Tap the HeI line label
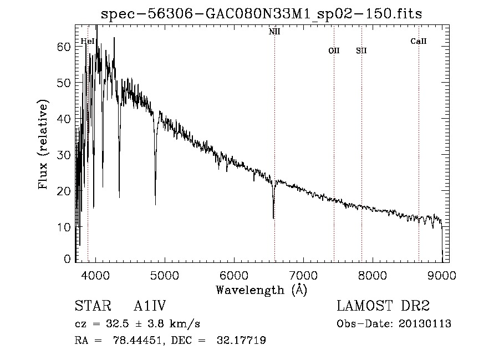[x=87, y=41]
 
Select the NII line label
[x=274, y=32]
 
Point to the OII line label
[x=334, y=50]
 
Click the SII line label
[x=361, y=50]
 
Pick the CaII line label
[x=419, y=41]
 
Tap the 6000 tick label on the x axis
[x=233, y=275]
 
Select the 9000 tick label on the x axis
[x=442, y=275]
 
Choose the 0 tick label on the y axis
[x=68, y=259]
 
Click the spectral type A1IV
[x=150, y=306]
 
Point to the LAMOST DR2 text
[x=383, y=306]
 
